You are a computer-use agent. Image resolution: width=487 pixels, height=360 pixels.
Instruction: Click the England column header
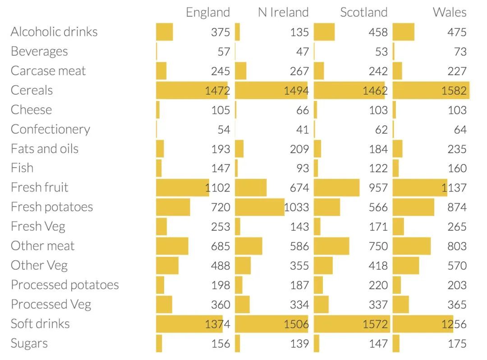(x=207, y=12)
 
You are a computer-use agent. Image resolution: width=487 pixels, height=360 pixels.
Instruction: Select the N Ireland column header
(x=283, y=12)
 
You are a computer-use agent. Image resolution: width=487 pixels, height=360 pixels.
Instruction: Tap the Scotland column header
(x=363, y=12)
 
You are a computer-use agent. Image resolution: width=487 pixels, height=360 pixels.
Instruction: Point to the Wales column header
(x=450, y=12)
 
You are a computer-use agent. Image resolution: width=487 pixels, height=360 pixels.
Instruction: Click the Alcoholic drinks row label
(x=54, y=32)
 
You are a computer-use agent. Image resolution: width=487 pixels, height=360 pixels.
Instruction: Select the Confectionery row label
(x=51, y=129)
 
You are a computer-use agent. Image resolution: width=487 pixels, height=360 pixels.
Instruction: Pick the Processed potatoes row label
(x=65, y=285)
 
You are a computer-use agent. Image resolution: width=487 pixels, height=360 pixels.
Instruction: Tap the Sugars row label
(x=29, y=343)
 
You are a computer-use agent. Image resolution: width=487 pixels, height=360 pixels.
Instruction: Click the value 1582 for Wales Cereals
(x=454, y=91)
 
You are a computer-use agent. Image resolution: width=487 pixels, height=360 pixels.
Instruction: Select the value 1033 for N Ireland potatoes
(x=296, y=207)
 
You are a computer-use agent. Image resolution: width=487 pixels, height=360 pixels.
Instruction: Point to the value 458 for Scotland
(x=378, y=32)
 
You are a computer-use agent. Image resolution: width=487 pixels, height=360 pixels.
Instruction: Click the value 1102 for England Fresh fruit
(x=217, y=188)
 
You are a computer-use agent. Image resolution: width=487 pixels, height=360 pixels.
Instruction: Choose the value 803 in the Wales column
(x=457, y=246)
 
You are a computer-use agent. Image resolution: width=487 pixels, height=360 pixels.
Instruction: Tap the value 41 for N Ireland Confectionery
(x=303, y=130)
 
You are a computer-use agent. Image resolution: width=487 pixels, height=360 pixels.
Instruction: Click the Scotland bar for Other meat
(x=331, y=246)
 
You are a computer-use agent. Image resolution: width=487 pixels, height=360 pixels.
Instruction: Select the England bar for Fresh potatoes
(x=173, y=207)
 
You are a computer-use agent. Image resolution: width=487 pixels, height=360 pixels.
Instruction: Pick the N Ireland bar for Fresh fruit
(x=251, y=188)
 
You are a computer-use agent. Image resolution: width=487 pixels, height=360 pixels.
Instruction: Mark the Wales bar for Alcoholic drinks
(x=404, y=32)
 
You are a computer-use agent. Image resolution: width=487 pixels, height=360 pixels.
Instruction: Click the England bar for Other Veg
(x=167, y=265)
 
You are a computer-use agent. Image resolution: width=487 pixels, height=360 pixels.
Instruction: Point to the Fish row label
(x=22, y=168)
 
